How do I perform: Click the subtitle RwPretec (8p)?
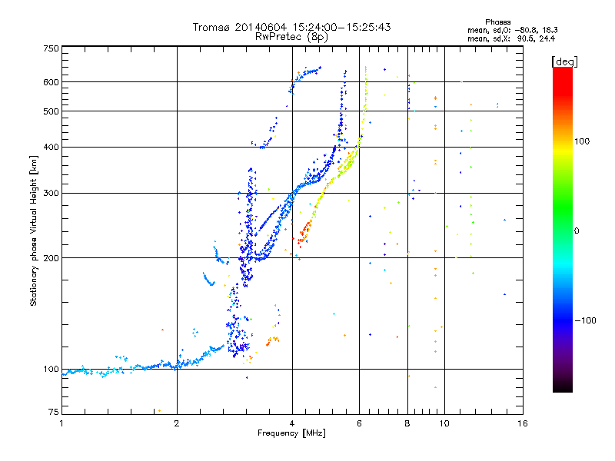click(291, 37)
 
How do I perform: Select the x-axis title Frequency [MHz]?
click(291, 433)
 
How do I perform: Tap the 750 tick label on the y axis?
click(52, 48)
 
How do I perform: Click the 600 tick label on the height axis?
click(52, 82)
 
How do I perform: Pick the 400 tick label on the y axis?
click(52, 147)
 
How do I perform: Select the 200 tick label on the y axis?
click(52, 258)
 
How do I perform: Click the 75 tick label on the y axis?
click(54, 412)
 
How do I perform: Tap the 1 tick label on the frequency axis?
click(61, 423)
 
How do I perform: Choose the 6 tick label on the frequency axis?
click(359, 423)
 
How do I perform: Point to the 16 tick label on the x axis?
click(523, 423)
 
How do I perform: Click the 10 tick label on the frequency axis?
click(444, 423)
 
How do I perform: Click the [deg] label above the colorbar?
click(564, 61)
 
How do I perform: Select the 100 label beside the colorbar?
click(582, 141)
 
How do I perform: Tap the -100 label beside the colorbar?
click(585, 320)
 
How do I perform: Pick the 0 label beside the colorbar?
click(577, 231)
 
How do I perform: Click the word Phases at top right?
click(497, 22)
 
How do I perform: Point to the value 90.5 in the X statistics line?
click(525, 38)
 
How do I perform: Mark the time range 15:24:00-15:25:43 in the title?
click(341, 27)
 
